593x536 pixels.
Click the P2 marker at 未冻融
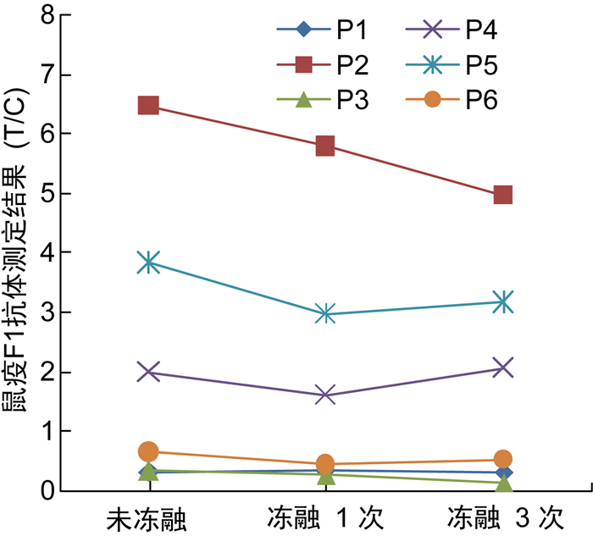(148, 106)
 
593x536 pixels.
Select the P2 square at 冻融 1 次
(325, 146)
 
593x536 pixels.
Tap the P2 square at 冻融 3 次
(502, 195)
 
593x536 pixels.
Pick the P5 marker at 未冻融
(148, 262)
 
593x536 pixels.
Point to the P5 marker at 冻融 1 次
(325, 314)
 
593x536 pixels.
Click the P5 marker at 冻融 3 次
(502, 301)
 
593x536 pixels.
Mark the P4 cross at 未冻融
(148, 372)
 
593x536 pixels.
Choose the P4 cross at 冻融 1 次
(325, 395)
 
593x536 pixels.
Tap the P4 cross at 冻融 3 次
(502, 367)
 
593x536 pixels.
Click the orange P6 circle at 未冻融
(148, 451)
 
